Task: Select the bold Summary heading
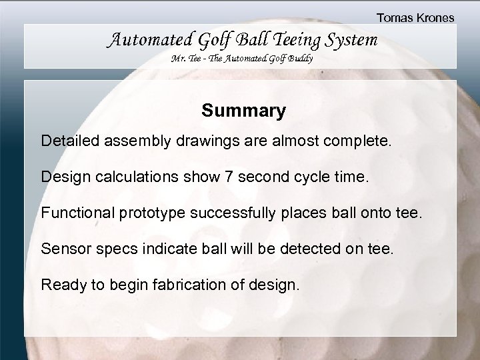pos(244,110)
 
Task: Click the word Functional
pos(76,213)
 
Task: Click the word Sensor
pos(64,249)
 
